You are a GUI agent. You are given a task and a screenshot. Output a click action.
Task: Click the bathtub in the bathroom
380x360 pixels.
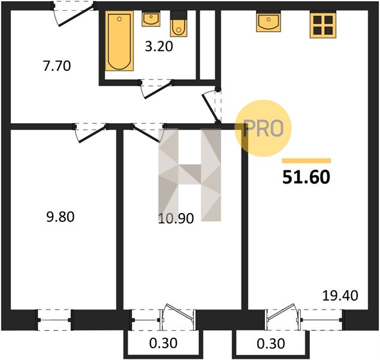[119, 41]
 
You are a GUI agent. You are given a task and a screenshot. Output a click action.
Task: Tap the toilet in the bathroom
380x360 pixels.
[179, 24]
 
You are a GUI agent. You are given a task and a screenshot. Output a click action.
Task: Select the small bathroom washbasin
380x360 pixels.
[150, 19]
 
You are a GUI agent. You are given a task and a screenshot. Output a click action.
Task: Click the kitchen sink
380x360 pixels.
[269, 22]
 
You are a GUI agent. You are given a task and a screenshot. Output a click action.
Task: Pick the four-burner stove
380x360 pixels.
[323, 25]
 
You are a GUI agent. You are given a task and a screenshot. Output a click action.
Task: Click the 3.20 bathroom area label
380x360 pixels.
[159, 47]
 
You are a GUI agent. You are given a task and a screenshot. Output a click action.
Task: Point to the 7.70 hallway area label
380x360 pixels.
[57, 66]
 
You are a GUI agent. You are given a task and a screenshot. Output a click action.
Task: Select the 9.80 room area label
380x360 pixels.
[61, 217]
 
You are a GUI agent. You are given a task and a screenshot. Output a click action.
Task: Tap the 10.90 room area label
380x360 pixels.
[176, 218]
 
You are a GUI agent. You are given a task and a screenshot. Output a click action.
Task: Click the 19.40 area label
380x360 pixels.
[340, 296]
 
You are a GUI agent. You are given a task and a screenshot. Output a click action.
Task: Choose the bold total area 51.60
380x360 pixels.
[306, 177]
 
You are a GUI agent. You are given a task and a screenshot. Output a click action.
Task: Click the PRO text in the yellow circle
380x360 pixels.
[263, 128]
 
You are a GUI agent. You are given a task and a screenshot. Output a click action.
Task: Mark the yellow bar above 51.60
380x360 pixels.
[306, 161]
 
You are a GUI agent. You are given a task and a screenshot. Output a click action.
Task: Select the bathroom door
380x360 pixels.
[156, 89]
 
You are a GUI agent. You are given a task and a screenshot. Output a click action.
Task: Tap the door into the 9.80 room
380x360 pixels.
[91, 133]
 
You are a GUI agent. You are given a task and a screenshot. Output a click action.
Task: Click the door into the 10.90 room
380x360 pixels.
[148, 133]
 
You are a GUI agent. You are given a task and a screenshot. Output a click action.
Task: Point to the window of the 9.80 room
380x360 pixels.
[54, 320]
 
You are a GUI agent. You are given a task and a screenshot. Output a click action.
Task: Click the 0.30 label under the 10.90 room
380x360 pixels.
[164, 344]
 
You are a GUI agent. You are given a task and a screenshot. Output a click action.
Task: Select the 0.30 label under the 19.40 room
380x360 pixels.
[271, 344]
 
